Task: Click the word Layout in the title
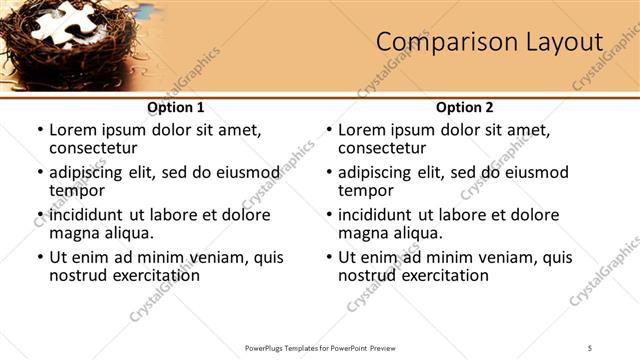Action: [557, 42]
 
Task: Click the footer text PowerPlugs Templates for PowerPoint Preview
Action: [320, 347]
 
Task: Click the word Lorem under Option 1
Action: [73, 130]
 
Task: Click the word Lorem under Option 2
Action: [362, 130]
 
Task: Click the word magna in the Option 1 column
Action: [74, 233]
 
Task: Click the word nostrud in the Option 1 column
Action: [78, 275]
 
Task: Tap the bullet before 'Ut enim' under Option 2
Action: [329, 257]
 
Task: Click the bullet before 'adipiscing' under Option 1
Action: [40, 172]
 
